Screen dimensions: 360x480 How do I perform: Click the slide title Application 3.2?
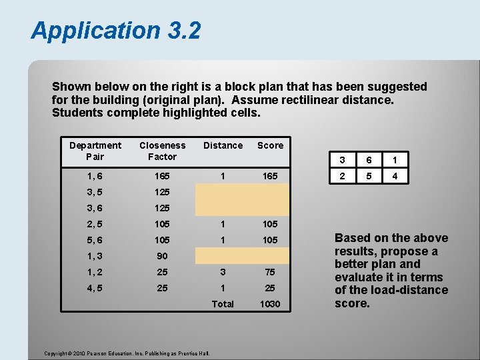click(115, 30)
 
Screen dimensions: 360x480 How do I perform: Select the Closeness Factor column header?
click(163, 151)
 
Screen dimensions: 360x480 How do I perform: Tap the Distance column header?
click(223, 145)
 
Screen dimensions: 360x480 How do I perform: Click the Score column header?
click(270, 145)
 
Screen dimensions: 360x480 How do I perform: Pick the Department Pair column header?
click(95, 151)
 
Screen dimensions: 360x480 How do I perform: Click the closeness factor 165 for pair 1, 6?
click(163, 176)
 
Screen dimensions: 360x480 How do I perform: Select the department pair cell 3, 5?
click(95, 192)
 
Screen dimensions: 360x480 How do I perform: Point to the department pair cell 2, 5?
click(95, 224)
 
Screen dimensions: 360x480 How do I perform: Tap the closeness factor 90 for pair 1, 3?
click(163, 256)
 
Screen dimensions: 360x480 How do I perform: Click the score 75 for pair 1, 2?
click(270, 272)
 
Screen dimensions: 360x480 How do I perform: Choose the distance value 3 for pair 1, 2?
click(223, 272)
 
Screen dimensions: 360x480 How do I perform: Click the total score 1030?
click(270, 304)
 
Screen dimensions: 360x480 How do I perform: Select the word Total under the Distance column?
click(223, 304)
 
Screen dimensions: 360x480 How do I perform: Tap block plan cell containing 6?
click(369, 161)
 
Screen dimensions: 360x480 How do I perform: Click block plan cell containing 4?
click(395, 177)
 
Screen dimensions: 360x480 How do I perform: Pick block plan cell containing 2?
click(343, 177)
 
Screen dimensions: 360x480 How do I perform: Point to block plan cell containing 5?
click(369, 177)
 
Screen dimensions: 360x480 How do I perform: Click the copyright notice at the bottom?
click(127, 353)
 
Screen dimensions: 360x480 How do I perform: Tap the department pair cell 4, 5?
click(95, 288)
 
